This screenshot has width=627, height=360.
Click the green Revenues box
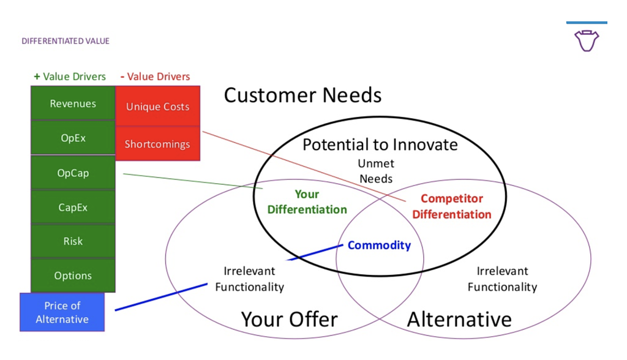[x=73, y=103]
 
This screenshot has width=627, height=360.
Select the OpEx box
[x=73, y=138]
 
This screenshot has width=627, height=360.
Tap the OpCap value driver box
[x=73, y=173]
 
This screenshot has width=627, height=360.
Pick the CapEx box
[x=73, y=207]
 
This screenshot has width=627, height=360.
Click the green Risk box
[x=73, y=241]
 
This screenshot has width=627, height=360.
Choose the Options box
[x=73, y=275]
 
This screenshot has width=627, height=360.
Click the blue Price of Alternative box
[x=62, y=312]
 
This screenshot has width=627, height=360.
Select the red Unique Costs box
[x=157, y=106]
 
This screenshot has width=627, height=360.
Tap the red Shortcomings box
[x=157, y=144]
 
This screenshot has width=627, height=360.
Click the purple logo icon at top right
[x=587, y=40]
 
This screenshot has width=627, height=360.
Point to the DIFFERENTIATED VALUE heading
[x=66, y=41]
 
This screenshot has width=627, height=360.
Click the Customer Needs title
[x=302, y=95]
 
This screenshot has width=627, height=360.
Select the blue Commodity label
[x=379, y=245]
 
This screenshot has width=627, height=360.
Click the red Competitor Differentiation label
[x=452, y=206]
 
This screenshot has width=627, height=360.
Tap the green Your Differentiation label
[x=307, y=201]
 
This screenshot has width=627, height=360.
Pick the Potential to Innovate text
[x=380, y=144]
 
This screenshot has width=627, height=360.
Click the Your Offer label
[x=290, y=319]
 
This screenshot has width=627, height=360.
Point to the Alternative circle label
[x=459, y=319]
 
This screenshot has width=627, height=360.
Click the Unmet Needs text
[x=376, y=171]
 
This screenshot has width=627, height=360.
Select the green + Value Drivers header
[x=70, y=77]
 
